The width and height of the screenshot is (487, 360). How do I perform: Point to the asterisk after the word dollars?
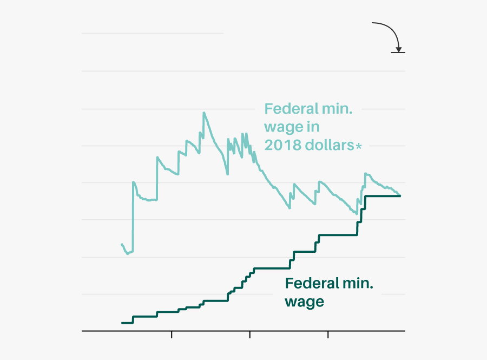tap(358, 146)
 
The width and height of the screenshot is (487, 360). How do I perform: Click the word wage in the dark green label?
tap(305, 302)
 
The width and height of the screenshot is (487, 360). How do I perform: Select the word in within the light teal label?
tap(313, 127)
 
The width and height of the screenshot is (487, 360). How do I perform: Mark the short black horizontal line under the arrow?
tap(398, 53)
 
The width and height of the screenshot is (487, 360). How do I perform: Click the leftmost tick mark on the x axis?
tap(172, 335)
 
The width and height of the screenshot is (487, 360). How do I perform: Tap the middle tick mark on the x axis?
tap(250, 335)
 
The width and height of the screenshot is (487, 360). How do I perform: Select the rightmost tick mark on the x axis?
tap(328, 335)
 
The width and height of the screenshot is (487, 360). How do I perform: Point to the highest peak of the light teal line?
tap(203, 113)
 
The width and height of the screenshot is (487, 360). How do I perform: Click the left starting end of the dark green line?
tap(122, 323)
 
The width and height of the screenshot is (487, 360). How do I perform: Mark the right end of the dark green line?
tap(400, 195)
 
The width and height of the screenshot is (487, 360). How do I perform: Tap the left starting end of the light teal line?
tap(122, 244)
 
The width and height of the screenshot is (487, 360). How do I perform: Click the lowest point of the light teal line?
tap(127, 253)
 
